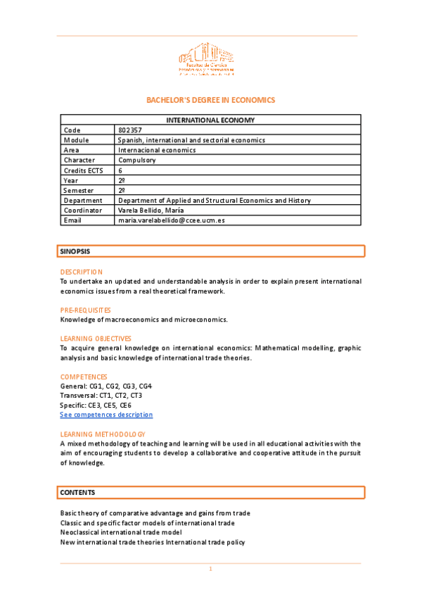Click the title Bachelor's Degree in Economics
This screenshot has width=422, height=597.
point(210,100)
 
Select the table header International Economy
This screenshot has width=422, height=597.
point(210,120)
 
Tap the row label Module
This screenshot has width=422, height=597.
point(77,140)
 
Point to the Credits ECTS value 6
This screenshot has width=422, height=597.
point(121,170)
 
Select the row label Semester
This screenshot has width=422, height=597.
point(79,190)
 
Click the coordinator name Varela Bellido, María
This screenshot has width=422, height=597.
point(153,210)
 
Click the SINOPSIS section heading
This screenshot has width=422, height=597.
point(75,251)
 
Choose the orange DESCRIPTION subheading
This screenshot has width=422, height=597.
point(82,272)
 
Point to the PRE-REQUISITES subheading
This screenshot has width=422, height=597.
point(85,310)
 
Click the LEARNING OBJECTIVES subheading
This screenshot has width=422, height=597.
point(96,338)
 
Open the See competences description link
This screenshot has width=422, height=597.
point(106,415)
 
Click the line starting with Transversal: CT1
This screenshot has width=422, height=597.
point(101,396)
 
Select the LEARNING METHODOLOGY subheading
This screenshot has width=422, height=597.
point(103,434)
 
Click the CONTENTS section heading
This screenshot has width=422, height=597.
point(77,492)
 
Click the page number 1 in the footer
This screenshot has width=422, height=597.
point(210,569)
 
